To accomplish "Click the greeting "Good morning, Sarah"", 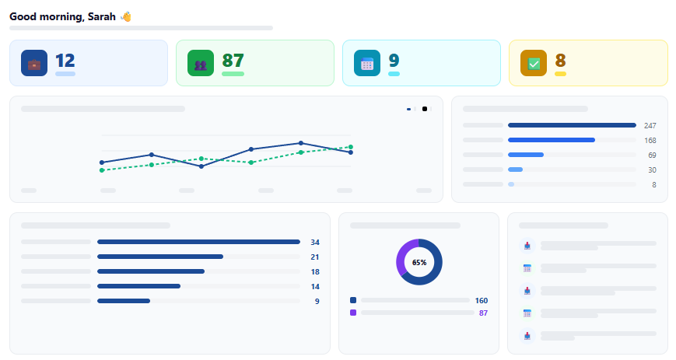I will tap(62, 16).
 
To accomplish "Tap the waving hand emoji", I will tap(125, 16).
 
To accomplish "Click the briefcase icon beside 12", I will tap(34, 64).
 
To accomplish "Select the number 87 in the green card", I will tap(233, 61).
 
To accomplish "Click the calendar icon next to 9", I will tap(367, 64).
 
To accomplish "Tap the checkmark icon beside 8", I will tap(534, 64).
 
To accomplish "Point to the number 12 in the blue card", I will tap(65, 61).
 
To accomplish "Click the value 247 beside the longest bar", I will tap(650, 125).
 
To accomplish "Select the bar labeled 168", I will tap(552, 140).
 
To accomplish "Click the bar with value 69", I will tap(526, 155).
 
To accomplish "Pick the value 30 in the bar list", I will tap(652, 170).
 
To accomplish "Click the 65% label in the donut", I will tap(419, 263).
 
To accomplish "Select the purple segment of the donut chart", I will tap(402, 257).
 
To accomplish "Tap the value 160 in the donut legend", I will tap(482, 300).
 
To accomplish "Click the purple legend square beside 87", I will tap(353, 313).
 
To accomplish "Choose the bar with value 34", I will tap(198, 242).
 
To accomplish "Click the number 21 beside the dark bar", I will tap(315, 257).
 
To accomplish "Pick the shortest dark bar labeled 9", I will tap(124, 301).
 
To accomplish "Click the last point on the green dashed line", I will tap(351, 147).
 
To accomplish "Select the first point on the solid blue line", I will tap(102, 163).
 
